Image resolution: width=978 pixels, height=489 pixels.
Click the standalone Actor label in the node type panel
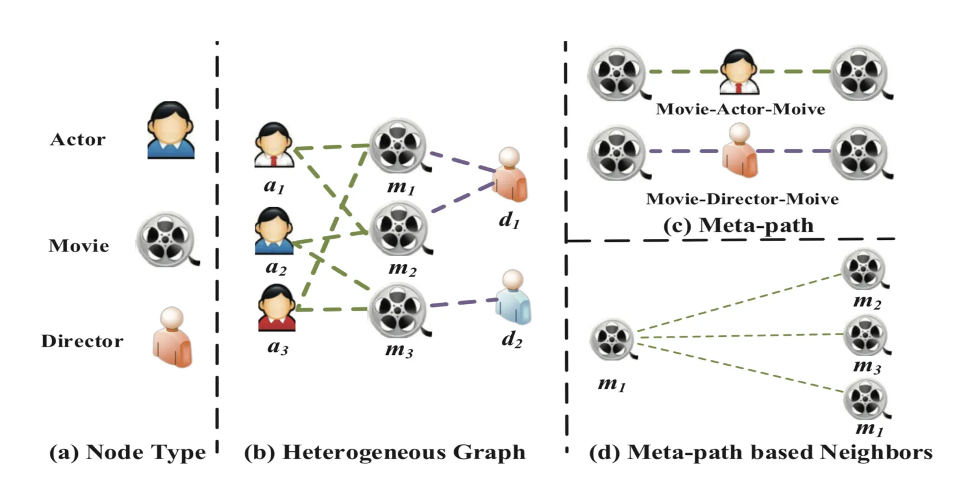tap(78, 139)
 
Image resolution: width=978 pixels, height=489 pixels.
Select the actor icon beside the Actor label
tap(171, 130)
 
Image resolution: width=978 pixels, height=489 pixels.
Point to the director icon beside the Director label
tap(172, 337)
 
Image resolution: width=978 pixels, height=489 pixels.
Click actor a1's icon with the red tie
tap(274, 145)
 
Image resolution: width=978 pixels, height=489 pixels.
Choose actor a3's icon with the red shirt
tap(277, 308)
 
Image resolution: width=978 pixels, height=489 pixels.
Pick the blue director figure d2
tap(514, 297)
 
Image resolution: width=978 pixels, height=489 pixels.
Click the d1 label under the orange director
tap(509, 220)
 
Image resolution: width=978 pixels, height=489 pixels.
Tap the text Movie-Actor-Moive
tap(740, 109)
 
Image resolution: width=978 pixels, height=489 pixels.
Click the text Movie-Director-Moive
tap(742, 199)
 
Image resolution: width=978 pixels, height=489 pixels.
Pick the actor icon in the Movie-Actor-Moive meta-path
tap(739, 72)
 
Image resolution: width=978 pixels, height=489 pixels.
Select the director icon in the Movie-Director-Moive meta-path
tap(740, 151)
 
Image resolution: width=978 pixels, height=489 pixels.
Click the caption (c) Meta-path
tap(739, 225)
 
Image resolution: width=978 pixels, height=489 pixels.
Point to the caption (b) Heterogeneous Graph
tap(385, 452)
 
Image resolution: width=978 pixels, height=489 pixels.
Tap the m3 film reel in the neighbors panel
tap(866, 335)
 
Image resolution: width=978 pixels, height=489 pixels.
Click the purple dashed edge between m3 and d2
tap(464, 303)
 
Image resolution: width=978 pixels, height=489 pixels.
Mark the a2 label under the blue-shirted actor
tap(276, 267)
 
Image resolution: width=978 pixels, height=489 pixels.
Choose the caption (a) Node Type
tap(127, 452)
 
